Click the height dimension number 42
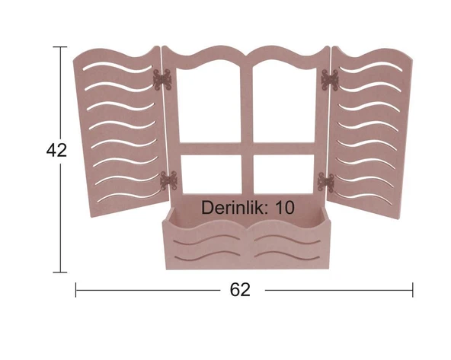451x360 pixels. click(x=56, y=150)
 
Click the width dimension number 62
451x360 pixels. click(x=240, y=290)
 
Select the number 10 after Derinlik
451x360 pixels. click(x=285, y=208)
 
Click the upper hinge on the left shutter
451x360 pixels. click(x=162, y=80)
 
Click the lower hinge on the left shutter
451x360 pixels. click(x=169, y=180)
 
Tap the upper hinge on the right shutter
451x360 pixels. click(x=330, y=80)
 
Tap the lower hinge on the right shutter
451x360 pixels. click(x=326, y=182)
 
